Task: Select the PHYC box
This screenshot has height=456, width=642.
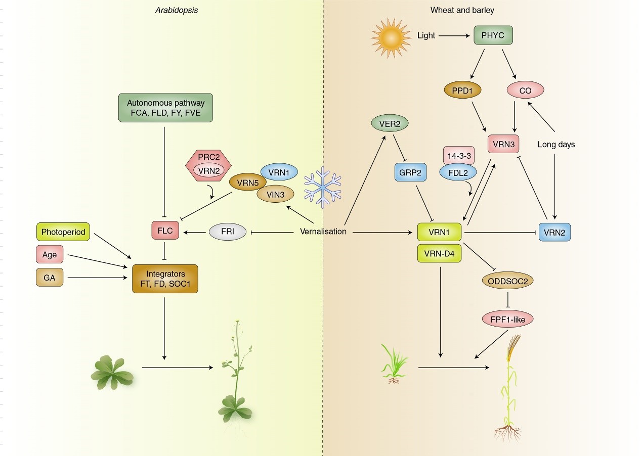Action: click(x=493, y=35)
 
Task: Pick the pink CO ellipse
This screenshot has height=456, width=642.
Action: click(x=525, y=90)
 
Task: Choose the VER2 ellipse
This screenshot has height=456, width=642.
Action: click(x=390, y=123)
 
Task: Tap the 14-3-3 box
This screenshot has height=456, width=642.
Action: click(x=458, y=155)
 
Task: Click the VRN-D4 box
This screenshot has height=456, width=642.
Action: click(x=440, y=253)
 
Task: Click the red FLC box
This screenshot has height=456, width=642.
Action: click(x=164, y=231)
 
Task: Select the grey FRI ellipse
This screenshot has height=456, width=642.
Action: click(x=227, y=232)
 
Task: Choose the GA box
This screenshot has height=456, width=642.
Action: click(x=50, y=278)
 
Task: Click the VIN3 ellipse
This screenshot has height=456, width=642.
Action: click(x=276, y=194)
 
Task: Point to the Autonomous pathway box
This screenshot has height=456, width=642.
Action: click(x=165, y=107)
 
